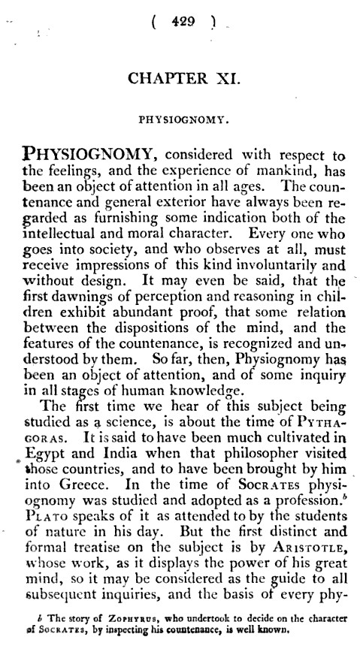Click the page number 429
pyautogui.click(x=183, y=23)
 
